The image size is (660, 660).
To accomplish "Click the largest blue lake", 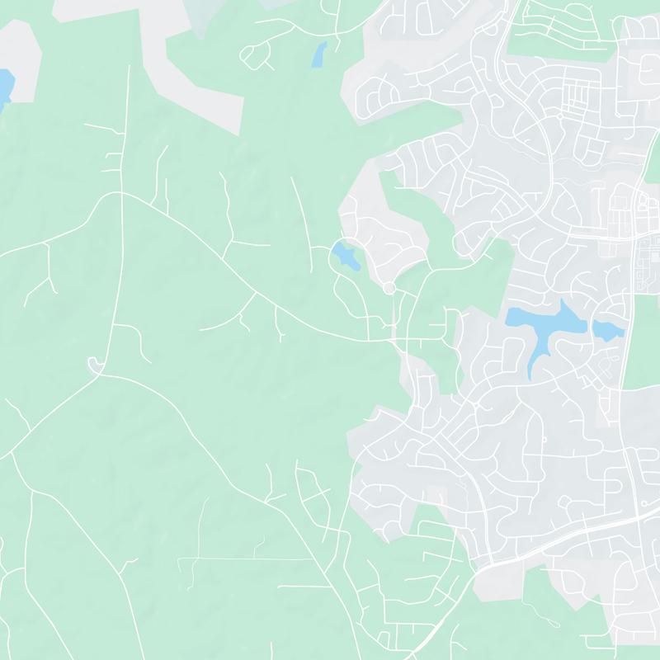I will (x=540, y=326).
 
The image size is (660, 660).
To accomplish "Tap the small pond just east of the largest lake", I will (x=606, y=330).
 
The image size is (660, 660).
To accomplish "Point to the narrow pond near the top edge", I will (x=318, y=54).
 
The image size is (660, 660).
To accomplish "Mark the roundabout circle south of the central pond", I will (x=388, y=288).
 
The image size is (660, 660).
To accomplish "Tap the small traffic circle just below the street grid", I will (x=560, y=116).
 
